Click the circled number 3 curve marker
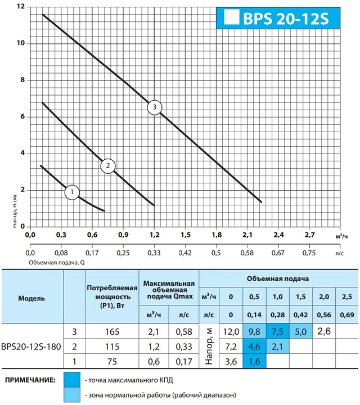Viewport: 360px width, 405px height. click(x=155, y=107)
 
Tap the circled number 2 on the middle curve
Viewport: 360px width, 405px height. click(x=107, y=165)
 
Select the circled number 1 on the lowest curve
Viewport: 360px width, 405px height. click(x=72, y=193)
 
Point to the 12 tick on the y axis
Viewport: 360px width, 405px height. click(x=20, y=7)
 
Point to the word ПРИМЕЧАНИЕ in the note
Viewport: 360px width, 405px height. click(x=30, y=381)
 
